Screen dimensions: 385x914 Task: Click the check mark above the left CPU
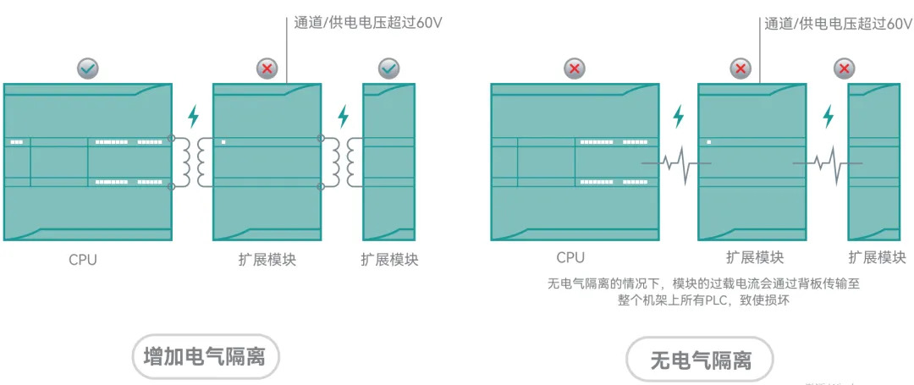pyautogui.click(x=87, y=69)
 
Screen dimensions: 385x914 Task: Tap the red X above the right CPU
pyautogui.click(x=575, y=69)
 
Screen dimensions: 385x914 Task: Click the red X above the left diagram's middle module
pyautogui.click(x=267, y=69)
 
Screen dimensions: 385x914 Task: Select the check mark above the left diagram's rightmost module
pyautogui.click(x=388, y=69)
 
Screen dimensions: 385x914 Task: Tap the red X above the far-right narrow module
pyautogui.click(x=844, y=69)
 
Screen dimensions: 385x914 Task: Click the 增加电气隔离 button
pyautogui.click(x=205, y=357)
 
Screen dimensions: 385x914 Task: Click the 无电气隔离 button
pyautogui.click(x=701, y=362)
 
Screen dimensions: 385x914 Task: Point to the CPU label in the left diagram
pyautogui.click(x=83, y=260)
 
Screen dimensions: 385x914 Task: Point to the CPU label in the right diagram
pyautogui.click(x=570, y=257)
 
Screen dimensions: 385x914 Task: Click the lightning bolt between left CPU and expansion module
pyautogui.click(x=194, y=116)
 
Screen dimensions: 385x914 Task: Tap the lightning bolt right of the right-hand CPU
pyautogui.click(x=677, y=116)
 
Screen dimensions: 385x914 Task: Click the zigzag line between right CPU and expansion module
pyautogui.click(x=677, y=163)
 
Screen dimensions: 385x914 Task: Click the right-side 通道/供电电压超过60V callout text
pyautogui.click(x=838, y=24)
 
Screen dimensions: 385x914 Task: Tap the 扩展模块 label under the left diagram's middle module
pyautogui.click(x=267, y=260)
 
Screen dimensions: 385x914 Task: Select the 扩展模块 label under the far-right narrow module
pyautogui.click(x=877, y=257)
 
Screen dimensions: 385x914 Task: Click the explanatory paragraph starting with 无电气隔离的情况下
pyautogui.click(x=703, y=292)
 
